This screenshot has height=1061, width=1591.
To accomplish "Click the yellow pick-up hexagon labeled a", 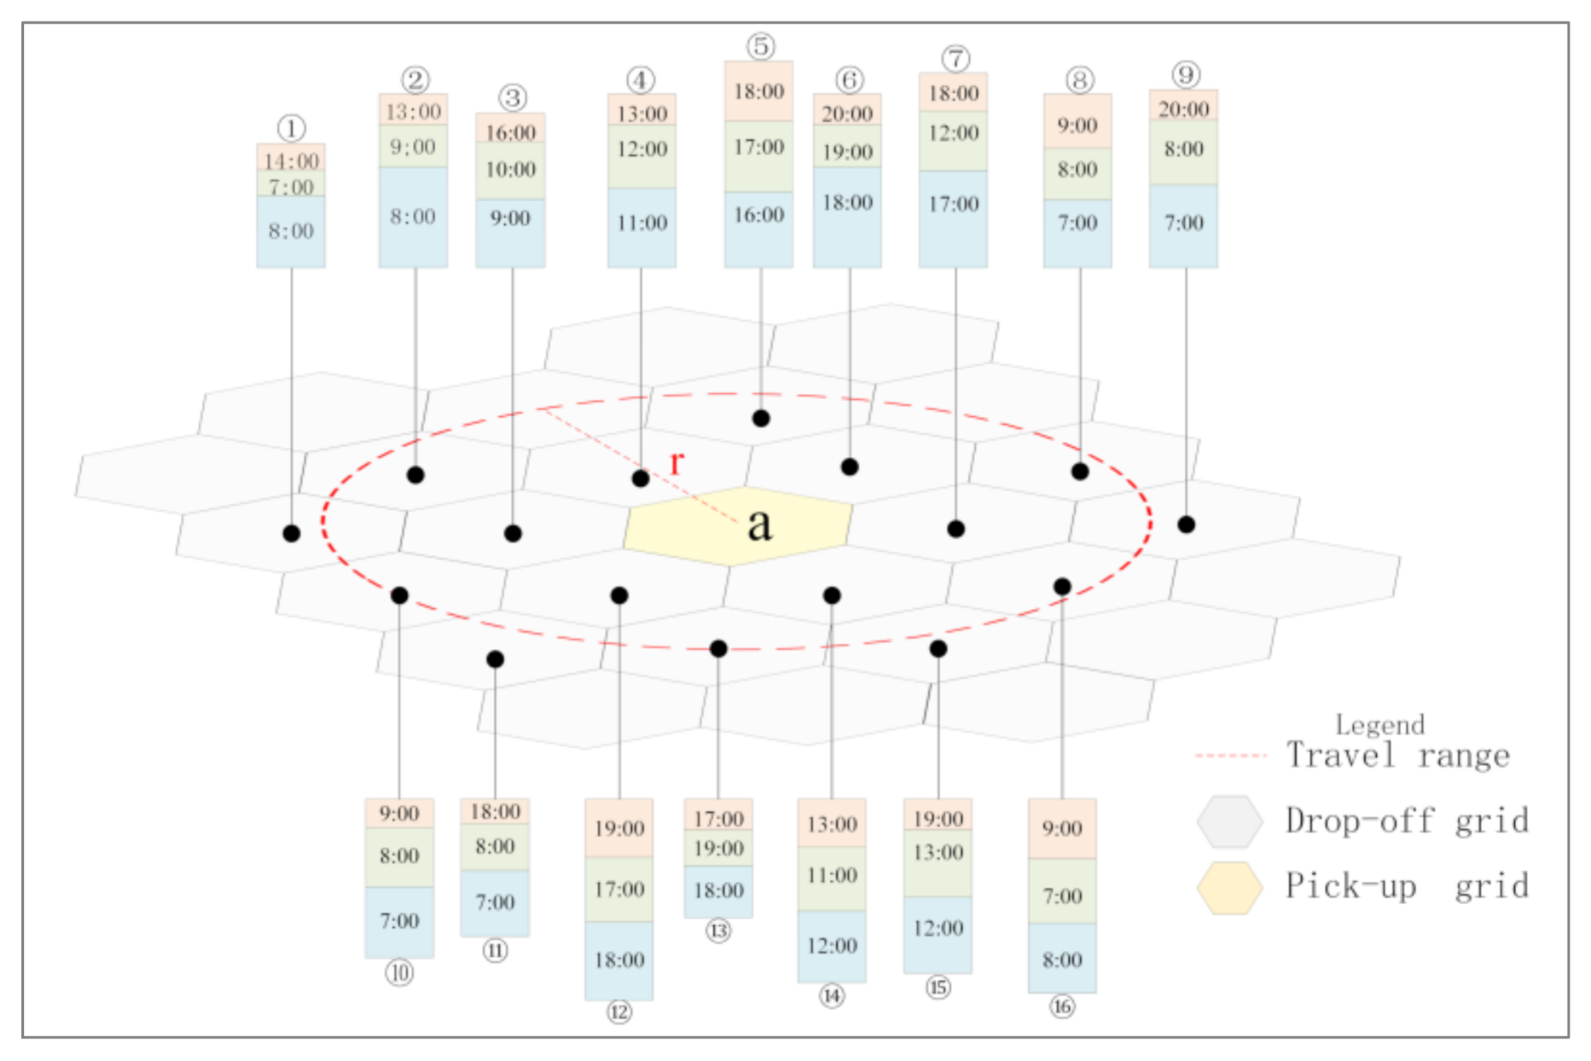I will coord(739,525).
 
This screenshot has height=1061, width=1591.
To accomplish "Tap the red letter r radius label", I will coord(676,462).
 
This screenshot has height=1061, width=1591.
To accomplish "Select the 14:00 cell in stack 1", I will coord(291,159).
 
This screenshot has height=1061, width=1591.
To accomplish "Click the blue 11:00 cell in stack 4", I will coord(642,223).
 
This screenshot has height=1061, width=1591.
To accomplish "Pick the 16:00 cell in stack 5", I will coord(758,215).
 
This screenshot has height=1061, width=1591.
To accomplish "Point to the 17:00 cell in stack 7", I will coord(953,205).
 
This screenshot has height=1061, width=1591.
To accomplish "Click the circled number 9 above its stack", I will coord(1186,74).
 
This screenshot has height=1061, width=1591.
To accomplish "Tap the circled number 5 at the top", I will coord(760,46).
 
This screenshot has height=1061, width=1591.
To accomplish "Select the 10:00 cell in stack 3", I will coord(510,170).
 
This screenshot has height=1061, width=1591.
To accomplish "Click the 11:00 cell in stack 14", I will coord(832,876).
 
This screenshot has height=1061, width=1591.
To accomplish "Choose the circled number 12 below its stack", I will coord(619,1012).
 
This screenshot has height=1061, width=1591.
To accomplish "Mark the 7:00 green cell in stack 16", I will coord(1062,896).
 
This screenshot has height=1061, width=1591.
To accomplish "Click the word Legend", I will coord(1379,725).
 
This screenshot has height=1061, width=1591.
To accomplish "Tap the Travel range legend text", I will coord(1398,756).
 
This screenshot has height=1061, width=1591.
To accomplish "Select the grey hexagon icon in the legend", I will coord(1229,821).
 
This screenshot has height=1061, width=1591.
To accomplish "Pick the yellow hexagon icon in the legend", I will coord(1229,887).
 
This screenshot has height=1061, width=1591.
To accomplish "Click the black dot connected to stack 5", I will coord(761,418).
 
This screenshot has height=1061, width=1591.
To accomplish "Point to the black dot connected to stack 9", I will coord(1186,525).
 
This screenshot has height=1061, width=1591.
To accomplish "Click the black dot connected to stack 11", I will coord(495,659).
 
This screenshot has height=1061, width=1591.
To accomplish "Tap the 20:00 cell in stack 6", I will coord(847,113).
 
